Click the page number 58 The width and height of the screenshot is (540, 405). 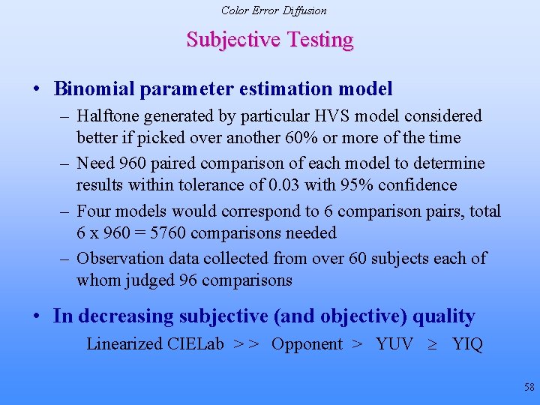(x=529, y=387)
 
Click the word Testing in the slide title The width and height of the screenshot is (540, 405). (x=316, y=39)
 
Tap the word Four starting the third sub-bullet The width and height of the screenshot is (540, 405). (x=94, y=211)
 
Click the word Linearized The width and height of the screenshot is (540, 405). (x=124, y=344)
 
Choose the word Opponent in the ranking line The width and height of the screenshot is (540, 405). (x=307, y=344)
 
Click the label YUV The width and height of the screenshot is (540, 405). (x=394, y=344)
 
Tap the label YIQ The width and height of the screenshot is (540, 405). (x=467, y=344)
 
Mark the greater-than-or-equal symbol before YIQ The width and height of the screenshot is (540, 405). (x=433, y=344)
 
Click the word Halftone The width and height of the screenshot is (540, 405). (x=110, y=116)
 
